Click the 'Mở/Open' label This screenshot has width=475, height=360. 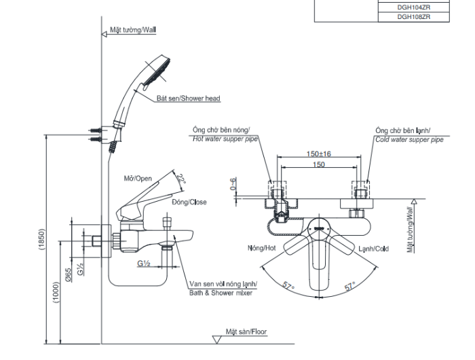click(138, 179)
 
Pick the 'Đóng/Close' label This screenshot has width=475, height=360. click(189, 202)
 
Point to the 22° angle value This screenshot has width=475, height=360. click(180, 181)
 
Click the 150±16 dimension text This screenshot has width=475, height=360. click(318, 154)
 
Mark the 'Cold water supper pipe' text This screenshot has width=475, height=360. click(408, 139)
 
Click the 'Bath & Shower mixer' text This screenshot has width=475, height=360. click(221, 293)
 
